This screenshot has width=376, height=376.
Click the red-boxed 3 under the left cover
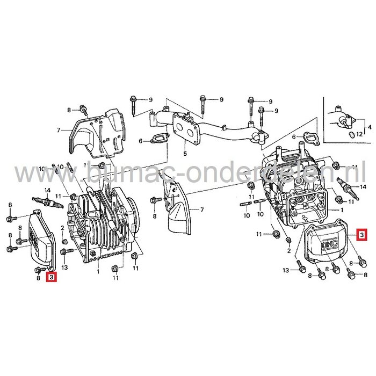tap(51, 277)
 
